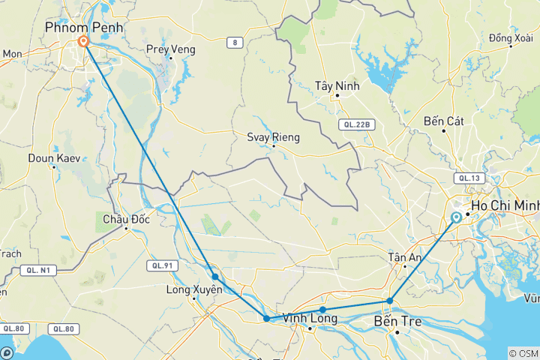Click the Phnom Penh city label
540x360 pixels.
click(x=83, y=28)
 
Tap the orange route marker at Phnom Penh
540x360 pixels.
click(x=84, y=43)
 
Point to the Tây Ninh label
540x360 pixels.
click(x=337, y=86)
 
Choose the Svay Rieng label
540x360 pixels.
click(x=274, y=137)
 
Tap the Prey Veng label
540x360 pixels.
click(x=170, y=49)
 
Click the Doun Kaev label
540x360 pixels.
click(x=54, y=158)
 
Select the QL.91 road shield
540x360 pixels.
click(x=162, y=265)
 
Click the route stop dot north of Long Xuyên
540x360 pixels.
click(x=215, y=277)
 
